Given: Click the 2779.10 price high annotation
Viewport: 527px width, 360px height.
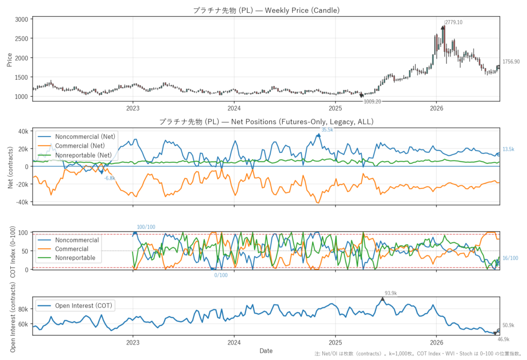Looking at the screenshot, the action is (x=454, y=23).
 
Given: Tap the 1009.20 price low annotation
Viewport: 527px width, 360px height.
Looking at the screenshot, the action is (x=373, y=101).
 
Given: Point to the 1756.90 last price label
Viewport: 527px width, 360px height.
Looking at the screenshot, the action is (x=511, y=62).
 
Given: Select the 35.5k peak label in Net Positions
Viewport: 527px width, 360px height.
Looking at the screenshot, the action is (x=327, y=130).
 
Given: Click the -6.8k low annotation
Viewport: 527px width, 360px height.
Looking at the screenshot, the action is (x=110, y=178).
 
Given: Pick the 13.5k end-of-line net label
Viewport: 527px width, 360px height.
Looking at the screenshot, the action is (x=508, y=149).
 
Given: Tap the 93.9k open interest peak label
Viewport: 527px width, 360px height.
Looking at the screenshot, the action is (x=391, y=294).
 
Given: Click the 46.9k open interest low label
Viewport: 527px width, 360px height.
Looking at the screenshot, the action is (x=503, y=339).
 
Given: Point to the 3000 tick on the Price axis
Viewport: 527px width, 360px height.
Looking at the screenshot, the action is (x=22, y=20).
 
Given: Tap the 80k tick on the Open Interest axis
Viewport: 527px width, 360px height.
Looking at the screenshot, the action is (x=23, y=309).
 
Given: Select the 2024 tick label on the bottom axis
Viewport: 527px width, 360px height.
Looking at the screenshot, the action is (x=234, y=342).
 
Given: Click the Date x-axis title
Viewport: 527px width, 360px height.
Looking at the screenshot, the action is (x=266, y=351).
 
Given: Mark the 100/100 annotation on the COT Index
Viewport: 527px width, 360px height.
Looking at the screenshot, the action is (x=146, y=227).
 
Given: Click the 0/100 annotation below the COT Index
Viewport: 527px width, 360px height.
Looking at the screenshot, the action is (x=221, y=275).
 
